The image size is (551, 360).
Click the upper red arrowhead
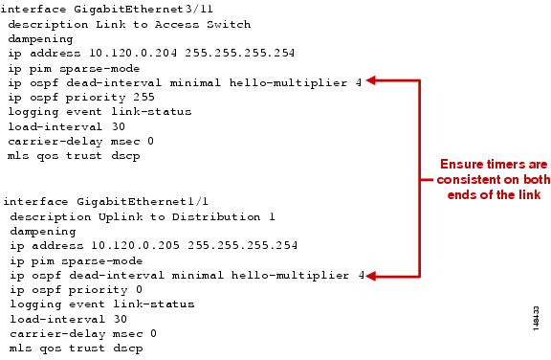(x=375, y=82)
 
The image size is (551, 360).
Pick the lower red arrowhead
(x=375, y=277)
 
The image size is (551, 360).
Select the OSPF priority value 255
(x=154, y=97)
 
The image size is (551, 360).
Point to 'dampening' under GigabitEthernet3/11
(x=40, y=38)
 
